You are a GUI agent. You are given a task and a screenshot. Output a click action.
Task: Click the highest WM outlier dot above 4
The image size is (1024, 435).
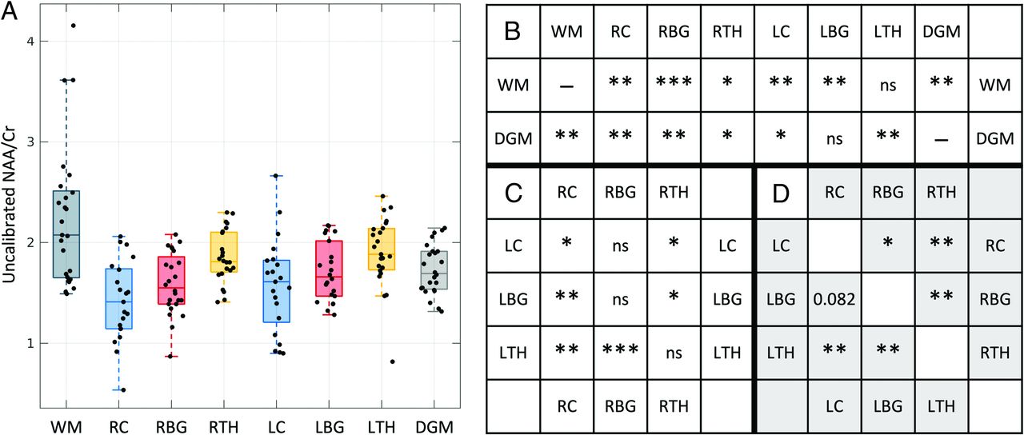[74, 26]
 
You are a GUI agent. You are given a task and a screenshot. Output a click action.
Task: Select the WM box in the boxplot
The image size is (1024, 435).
[66, 233]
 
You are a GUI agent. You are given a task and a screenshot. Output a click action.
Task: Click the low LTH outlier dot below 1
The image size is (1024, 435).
[393, 361]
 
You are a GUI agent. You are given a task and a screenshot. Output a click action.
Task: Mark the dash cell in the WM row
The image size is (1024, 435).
[567, 84]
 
